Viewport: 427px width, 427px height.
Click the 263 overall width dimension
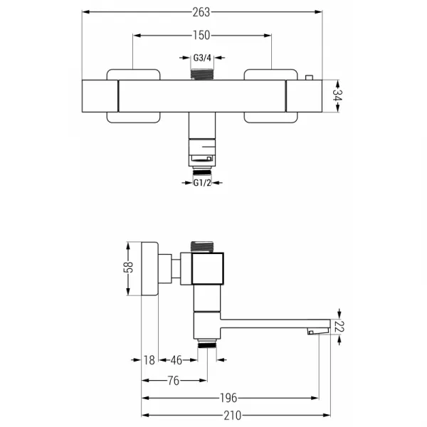coord(201,12)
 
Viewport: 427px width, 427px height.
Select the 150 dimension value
coord(201,36)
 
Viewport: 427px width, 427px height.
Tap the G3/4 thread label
coord(202,58)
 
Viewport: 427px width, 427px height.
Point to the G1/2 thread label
coord(202,183)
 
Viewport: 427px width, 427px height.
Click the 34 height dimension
coord(337,95)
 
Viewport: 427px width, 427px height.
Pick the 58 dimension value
coord(128,267)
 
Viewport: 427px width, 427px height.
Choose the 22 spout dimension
coord(339,327)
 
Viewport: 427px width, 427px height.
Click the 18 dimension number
coord(149,360)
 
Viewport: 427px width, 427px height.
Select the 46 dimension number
coord(176,360)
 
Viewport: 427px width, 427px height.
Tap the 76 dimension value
coord(174,381)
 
